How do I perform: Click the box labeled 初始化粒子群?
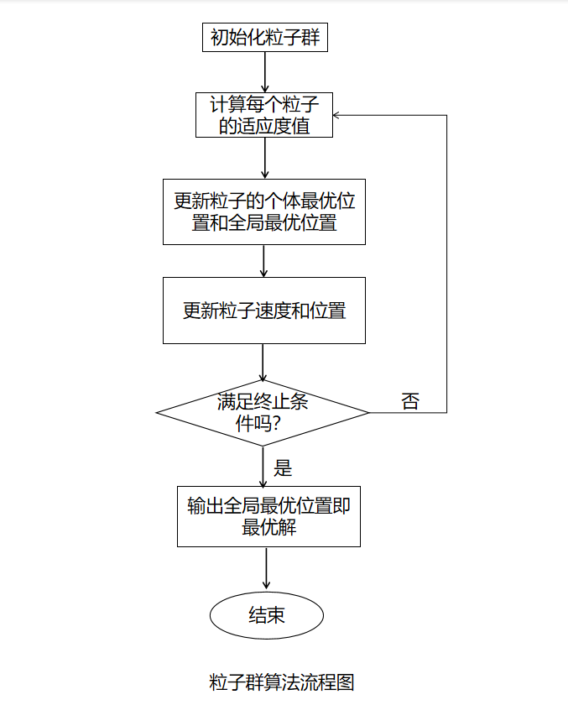(x=264, y=38)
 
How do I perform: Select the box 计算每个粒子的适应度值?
(x=264, y=115)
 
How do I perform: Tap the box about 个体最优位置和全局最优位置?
(x=264, y=211)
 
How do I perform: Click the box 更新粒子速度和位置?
(x=264, y=311)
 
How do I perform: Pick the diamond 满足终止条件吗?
(x=263, y=412)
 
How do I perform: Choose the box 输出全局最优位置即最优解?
(x=268, y=516)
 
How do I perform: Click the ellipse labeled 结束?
(x=267, y=615)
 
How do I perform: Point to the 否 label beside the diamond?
(x=409, y=401)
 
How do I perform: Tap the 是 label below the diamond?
(x=283, y=467)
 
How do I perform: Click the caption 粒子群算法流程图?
(x=282, y=681)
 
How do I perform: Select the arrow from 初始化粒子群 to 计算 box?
(x=264, y=72)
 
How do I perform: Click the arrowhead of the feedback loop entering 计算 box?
(x=339, y=115)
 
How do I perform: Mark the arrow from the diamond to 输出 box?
(x=264, y=467)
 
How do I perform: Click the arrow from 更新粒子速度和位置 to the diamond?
(x=264, y=363)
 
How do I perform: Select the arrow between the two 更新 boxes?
(x=264, y=261)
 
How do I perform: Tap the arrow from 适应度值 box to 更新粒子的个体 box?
(x=264, y=158)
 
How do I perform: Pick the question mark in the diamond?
(x=276, y=424)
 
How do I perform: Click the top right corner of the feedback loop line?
(x=446, y=115)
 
